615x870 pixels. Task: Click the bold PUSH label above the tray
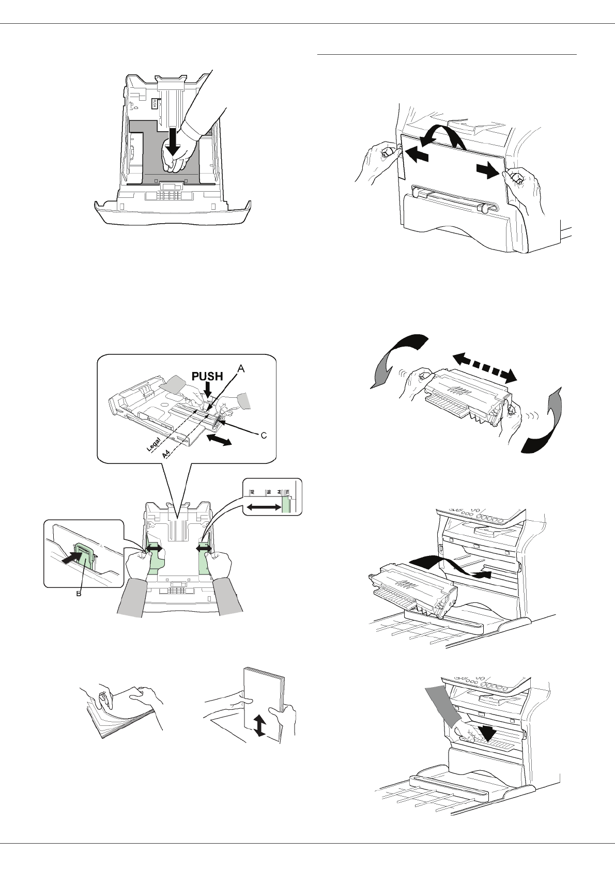click(207, 377)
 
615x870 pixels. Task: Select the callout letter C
click(263, 436)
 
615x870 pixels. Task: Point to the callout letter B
click(79, 594)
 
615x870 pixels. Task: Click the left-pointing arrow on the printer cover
click(417, 153)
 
